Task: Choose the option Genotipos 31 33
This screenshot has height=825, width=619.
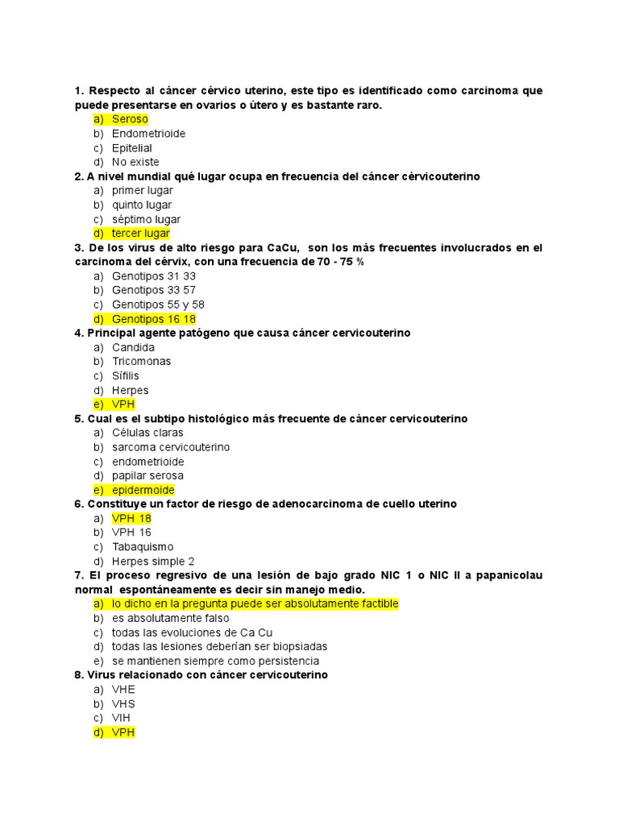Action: (x=153, y=276)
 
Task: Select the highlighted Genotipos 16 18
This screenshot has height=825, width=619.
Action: (x=153, y=319)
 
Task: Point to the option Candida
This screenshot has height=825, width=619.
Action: (x=133, y=347)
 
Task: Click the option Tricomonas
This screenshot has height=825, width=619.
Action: (x=141, y=362)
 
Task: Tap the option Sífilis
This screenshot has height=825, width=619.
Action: (x=125, y=376)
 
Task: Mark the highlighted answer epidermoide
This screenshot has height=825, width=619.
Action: (x=143, y=490)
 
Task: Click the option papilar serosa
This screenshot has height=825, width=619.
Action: (x=147, y=476)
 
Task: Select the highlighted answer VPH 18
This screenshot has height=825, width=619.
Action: (x=131, y=518)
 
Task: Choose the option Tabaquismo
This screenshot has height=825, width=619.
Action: (x=143, y=547)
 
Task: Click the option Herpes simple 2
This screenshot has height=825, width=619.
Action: (x=153, y=562)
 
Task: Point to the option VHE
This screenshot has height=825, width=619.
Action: (x=123, y=690)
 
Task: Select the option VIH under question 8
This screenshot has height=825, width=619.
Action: (x=121, y=718)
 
